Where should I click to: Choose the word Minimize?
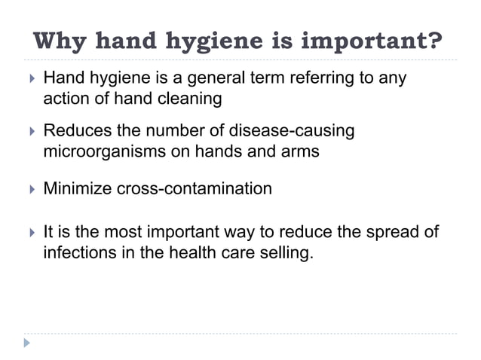pyautogui.click(x=77, y=188)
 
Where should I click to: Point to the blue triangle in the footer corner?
pyautogui.click(x=28, y=342)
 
